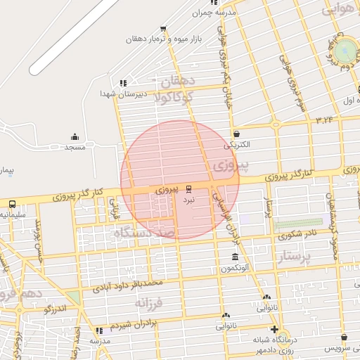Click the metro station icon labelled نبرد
188,188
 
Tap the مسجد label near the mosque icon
75,148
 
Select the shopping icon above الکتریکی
236,134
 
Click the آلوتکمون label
235,269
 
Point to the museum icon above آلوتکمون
235,257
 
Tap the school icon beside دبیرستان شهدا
124,82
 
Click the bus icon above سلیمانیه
12,204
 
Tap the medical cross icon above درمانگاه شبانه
274,329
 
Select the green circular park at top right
345,51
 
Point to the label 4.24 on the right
325,120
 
